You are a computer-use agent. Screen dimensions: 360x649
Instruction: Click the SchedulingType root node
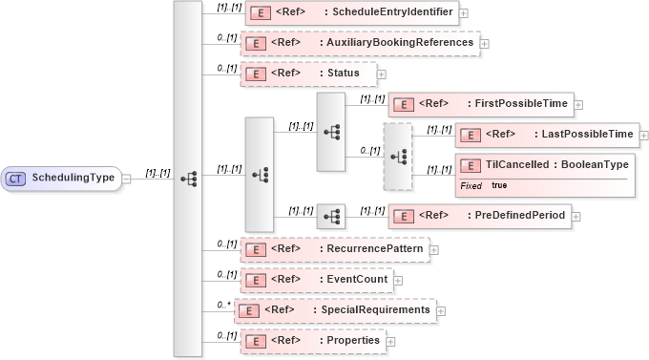62,178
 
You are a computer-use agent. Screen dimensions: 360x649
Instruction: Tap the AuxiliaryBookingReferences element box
360,43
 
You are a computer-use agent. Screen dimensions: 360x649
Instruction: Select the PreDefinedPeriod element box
479,216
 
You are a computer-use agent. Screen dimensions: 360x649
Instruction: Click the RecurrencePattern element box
334,250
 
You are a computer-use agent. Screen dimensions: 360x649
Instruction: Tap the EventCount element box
316,281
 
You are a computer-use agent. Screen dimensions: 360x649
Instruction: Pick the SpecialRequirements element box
336,310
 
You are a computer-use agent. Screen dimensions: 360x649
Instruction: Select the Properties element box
311,341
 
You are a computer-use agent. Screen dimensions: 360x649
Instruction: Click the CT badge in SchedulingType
15,178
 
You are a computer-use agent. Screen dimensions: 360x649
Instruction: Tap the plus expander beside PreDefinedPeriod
576,217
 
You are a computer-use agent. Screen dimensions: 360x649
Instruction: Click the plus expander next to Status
382,74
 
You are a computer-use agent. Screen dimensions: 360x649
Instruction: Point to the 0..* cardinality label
224,305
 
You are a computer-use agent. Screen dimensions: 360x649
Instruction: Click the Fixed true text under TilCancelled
484,185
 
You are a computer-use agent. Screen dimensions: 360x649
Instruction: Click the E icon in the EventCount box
254,281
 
